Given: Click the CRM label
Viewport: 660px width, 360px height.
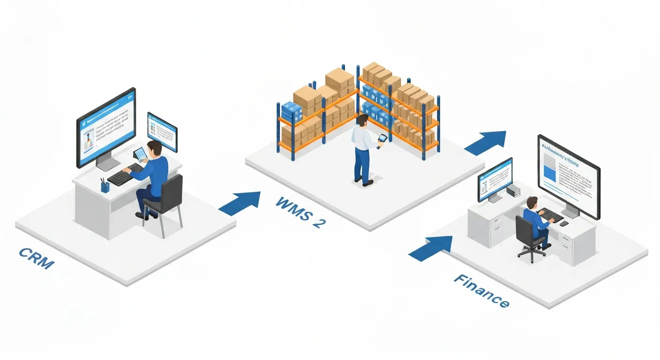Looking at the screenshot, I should pos(37,258).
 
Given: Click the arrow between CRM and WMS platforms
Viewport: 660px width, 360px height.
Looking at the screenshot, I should pos(240,202).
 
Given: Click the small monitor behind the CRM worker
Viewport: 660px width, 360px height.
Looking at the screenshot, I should pos(162,131).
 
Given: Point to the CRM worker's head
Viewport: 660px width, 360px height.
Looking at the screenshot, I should pos(155,148).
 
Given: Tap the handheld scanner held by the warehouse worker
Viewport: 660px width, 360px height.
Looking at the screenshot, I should pos(382,139).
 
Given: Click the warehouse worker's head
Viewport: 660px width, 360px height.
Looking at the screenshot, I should pos(361,120).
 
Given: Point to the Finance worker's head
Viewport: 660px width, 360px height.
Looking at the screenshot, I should pos(531,203).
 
